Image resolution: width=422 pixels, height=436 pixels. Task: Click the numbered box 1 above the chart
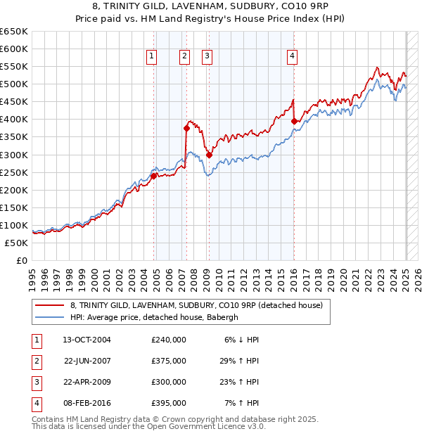point(152,57)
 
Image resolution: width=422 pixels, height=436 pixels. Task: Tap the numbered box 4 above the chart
point(291,57)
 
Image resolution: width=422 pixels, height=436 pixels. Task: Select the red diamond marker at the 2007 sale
point(186,128)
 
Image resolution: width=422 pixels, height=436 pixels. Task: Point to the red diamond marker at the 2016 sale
point(294,121)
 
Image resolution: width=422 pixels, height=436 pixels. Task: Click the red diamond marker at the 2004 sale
point(153,176)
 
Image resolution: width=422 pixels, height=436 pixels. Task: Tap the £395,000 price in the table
point(169,403)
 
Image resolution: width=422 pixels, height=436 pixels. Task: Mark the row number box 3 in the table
point(36,382)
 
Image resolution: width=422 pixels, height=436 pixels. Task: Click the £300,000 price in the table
point(169,382)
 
